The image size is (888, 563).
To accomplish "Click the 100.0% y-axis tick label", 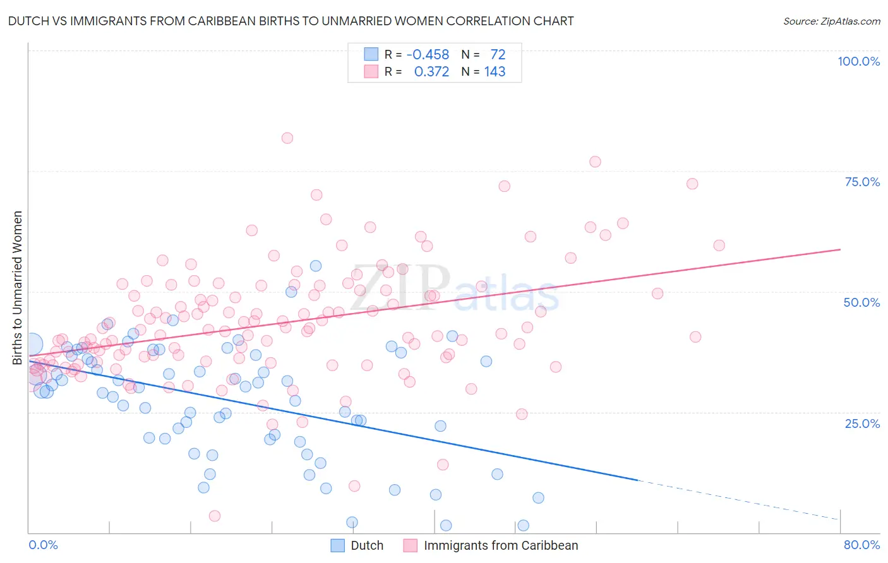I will pyautogui.click(x=858, y=61).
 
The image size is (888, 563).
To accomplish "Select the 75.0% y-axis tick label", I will pyautogui.click(x=862, y=182).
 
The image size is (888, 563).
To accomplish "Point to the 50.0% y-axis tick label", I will pyautogui.click(x=861, y=302).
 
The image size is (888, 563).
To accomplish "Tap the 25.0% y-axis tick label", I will pyautogui.click(x=862, y=424).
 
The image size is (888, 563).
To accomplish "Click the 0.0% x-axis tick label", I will pyautogui.click(x=43, y=545).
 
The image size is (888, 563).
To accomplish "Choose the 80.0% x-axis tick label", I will pyautogui.click(x=861, y=545).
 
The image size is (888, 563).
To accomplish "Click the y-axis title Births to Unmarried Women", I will pyautogui.click(x=17, y=288).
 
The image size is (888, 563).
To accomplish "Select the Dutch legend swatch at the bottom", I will pyautogui.click(x=338, y=545).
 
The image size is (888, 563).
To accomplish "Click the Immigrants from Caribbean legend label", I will pyautogui.click(x=501, y=545).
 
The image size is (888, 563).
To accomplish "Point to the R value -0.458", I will pyautogui.click(x=428, y=55).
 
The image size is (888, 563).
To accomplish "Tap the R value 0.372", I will pyautogui.click(x=431, y=72).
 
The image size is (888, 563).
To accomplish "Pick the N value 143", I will pyautogui.click(x=495, y=72).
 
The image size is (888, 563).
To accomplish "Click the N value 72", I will pyautogui.click(x=498, y=55).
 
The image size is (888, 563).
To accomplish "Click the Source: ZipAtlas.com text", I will pyautogui.click(x=831, y=21).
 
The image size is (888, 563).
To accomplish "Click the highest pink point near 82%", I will pyautogui.click(x=287, y=138).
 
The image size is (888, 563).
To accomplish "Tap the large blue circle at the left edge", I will pyautogui.click(x=32, y=344).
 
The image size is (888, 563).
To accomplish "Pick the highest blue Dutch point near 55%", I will pyautogui.click(x=316, y=266).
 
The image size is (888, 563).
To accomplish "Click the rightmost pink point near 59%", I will pyautogui.click(x=719, y=246).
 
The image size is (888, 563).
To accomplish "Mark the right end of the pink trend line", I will pyautogui.click(x=840, y=249).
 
